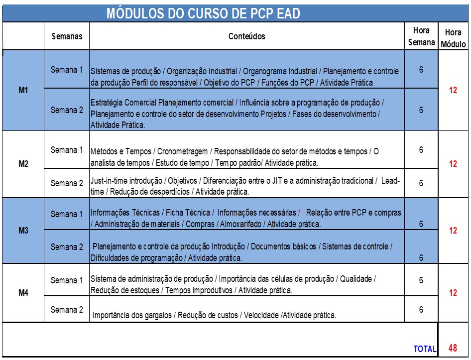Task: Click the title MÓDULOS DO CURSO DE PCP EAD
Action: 203,13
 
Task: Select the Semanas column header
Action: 67,36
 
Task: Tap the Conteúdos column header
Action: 246,36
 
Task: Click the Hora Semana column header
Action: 421,36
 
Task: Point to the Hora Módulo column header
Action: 453,38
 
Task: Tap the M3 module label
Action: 23,231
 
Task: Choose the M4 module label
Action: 23,293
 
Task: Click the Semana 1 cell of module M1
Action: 67,70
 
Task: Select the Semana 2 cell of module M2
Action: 67,183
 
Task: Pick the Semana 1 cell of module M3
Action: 67,214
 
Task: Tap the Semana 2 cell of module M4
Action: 67,310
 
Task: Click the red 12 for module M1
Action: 453,91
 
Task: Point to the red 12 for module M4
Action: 453,293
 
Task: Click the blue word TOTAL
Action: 425,349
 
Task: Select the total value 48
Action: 453,348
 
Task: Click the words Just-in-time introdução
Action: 127,180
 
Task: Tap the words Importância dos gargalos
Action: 133,315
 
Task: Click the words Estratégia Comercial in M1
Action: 123,103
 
